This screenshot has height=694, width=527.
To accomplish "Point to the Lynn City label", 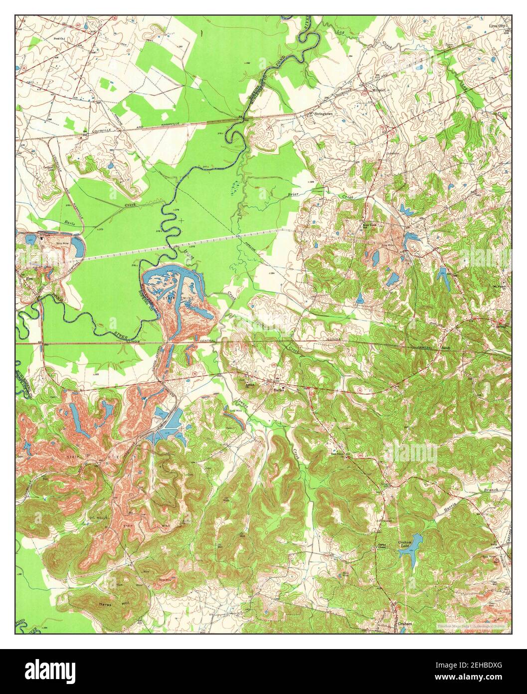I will click(497, 25).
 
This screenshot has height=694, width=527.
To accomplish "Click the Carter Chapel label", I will click(381, 546).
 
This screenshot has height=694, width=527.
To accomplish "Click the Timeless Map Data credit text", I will click(472, 625).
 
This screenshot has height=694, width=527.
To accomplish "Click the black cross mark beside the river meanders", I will click(181, 220).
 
